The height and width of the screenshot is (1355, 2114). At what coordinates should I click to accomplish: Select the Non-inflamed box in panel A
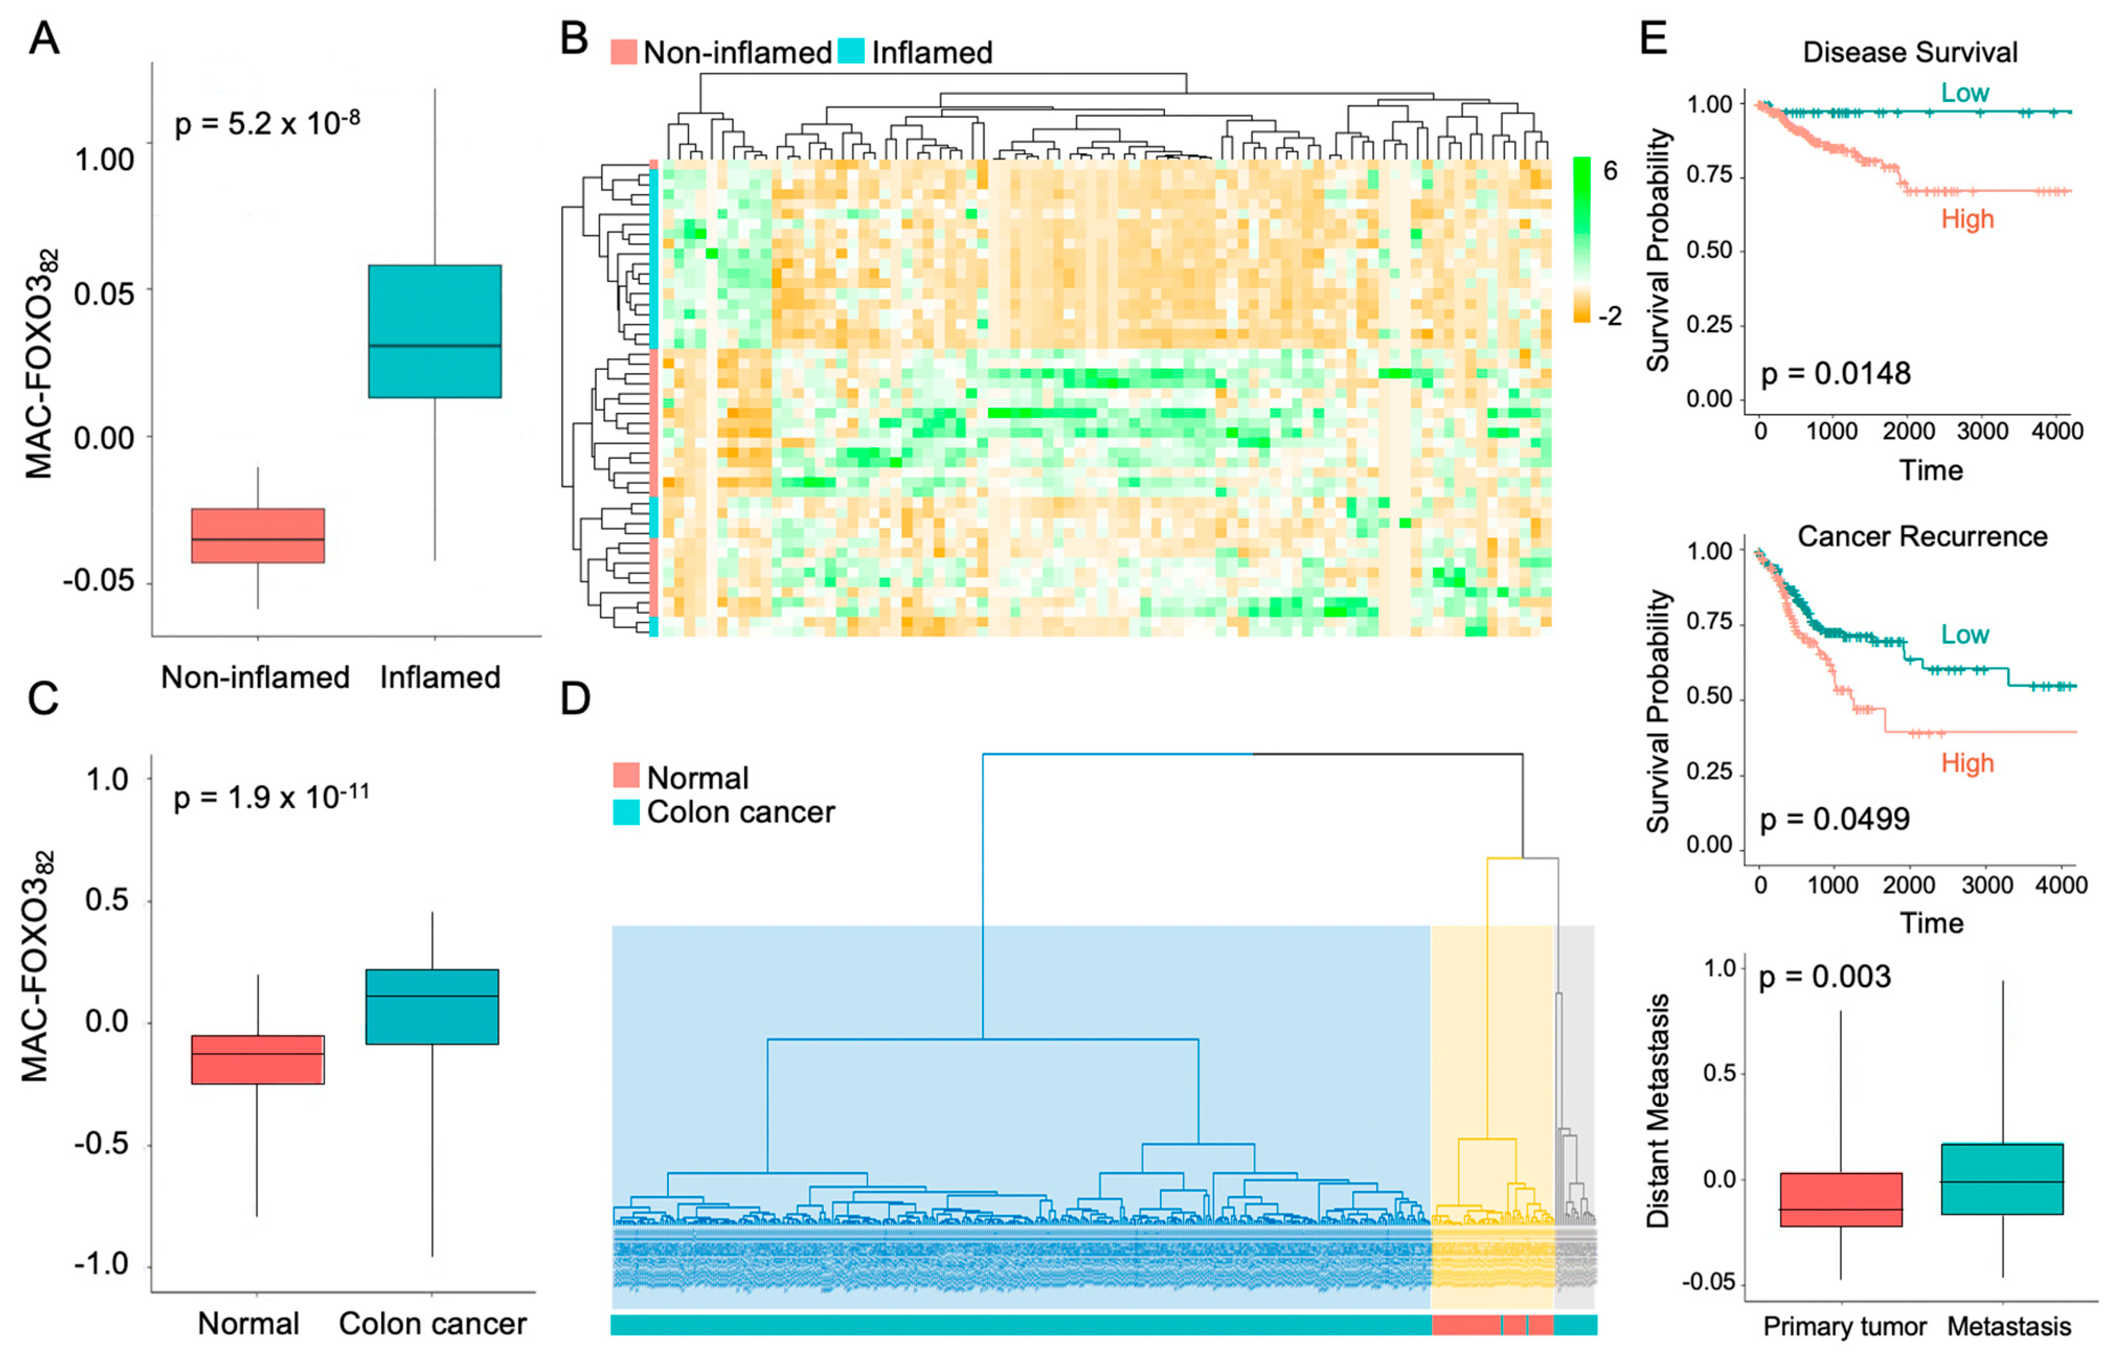coord(258,535)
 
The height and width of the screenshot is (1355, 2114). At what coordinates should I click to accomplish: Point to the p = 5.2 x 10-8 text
coord(267,122)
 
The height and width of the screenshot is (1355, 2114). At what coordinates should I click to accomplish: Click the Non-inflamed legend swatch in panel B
coord(624,51)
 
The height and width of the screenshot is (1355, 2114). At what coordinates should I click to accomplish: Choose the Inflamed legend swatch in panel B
coord(851,51)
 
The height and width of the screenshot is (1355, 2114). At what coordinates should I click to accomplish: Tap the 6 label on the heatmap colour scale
coord(1609,171)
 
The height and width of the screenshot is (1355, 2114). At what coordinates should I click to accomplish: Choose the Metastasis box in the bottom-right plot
coord(2002,1179)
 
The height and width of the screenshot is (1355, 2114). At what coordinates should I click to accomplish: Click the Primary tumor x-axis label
coord(1845,1326)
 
